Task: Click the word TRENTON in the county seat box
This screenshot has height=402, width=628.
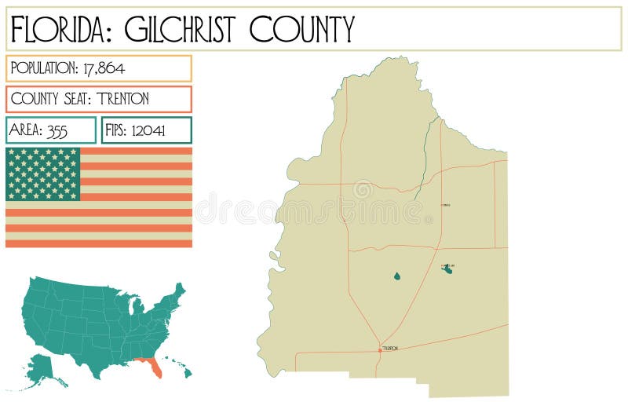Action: click(123, 99)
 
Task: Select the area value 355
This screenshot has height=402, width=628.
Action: click(57, 130)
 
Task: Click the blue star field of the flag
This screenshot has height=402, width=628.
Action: click(43, 174)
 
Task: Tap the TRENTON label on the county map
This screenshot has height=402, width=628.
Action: click(390, 348)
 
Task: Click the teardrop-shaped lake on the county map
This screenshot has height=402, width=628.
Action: click(396, 276)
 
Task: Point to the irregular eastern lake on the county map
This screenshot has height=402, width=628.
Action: click(447, 269)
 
